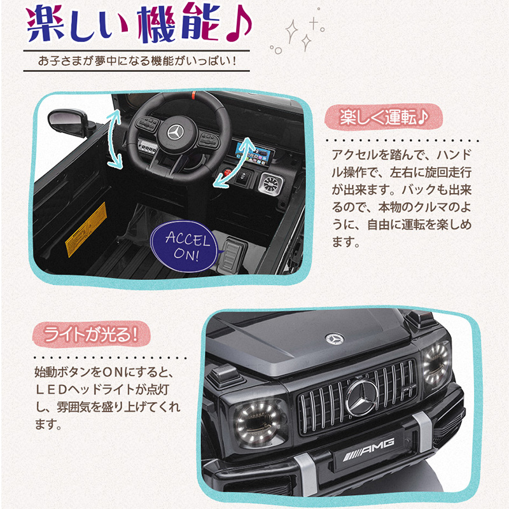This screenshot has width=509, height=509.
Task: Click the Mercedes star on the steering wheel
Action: tap(176, 132)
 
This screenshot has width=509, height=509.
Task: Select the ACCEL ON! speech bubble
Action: tap(184, 246)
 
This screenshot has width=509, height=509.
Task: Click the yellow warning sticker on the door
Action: tap(87, 229)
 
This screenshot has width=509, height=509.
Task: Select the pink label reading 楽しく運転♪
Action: tap(384, 117)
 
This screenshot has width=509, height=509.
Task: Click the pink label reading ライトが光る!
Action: tap(91, 335)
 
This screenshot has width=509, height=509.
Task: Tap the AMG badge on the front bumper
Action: tap(369, 449)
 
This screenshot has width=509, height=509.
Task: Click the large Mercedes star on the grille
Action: tap(361, 398)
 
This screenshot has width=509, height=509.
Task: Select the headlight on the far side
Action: tap(436, 363)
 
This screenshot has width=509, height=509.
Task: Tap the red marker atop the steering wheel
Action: tap(194, 95)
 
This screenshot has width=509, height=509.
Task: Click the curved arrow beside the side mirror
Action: tap(115, 139)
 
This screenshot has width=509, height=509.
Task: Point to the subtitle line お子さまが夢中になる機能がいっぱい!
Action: tap(137, 60)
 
